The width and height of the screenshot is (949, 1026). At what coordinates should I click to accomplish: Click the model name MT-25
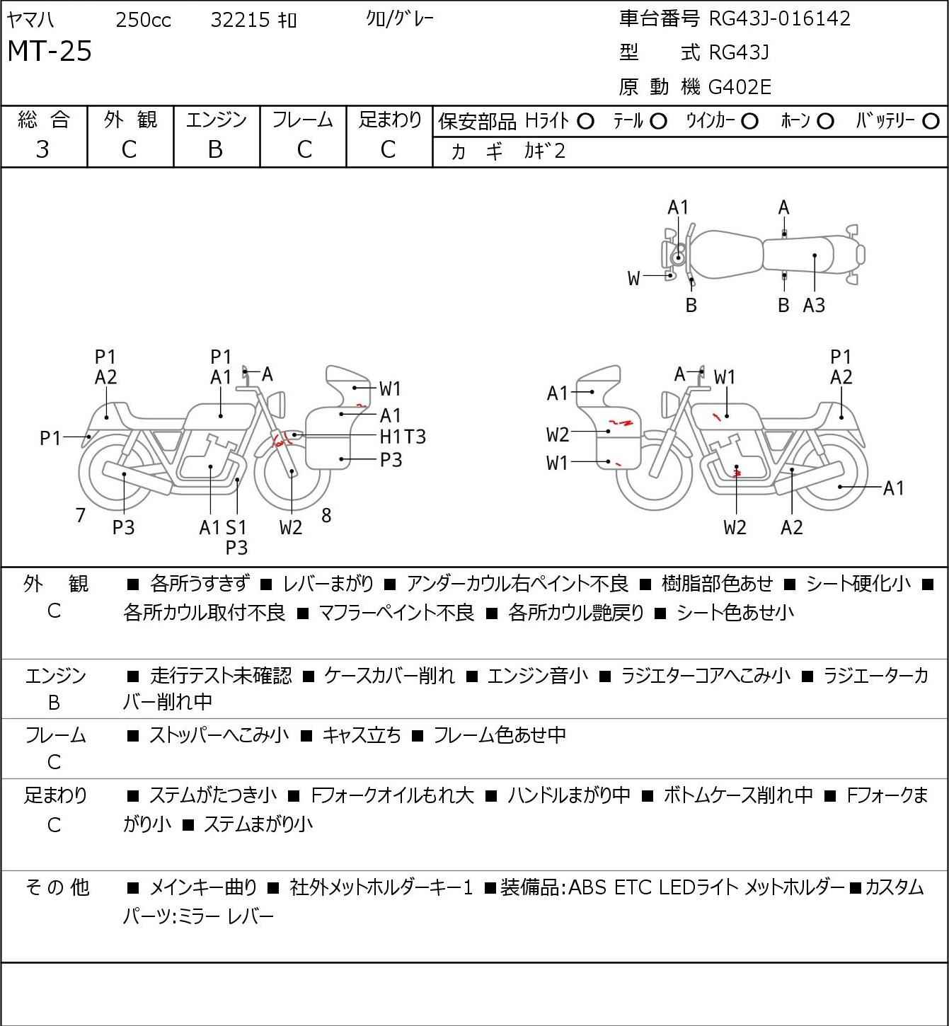50,51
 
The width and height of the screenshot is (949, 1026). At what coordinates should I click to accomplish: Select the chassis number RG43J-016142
779,19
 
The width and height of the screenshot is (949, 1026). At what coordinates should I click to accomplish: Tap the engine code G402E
740,87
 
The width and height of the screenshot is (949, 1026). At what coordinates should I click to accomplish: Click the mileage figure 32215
241,20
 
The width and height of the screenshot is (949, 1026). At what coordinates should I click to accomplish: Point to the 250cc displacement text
143,20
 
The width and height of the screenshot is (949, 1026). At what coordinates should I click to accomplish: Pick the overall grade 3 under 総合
43,150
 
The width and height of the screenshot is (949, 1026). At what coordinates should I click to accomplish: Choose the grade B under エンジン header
215,150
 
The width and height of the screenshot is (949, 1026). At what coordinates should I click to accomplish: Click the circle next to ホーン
825,122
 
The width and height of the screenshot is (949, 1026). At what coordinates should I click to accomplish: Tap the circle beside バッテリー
931,122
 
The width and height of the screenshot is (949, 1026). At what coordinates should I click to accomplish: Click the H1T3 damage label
403,437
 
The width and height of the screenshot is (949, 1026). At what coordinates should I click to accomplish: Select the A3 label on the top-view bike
814,306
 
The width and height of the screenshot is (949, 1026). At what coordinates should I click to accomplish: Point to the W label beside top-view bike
633,279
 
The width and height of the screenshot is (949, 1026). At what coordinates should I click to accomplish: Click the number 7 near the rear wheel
80,515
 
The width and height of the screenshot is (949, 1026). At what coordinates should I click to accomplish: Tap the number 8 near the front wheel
326,515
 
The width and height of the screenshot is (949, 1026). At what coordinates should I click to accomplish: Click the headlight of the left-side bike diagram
277,404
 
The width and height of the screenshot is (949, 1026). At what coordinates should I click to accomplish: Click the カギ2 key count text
545,151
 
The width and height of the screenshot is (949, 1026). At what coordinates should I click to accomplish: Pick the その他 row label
57,887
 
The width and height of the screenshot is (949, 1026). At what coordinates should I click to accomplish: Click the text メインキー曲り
203,887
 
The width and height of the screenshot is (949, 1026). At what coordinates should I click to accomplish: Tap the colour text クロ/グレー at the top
400,19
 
